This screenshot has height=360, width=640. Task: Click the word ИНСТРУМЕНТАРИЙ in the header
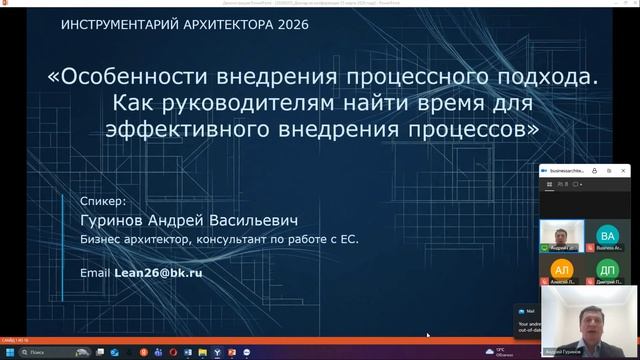tap(112, 23)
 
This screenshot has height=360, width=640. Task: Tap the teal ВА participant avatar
tap(607, 235)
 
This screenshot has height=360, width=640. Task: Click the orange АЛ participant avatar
tap(562, 270)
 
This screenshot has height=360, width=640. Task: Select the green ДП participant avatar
tap(607, 270)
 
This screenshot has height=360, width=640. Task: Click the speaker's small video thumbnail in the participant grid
tap(562, 235)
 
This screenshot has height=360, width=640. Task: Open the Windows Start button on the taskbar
tap(10, 353)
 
